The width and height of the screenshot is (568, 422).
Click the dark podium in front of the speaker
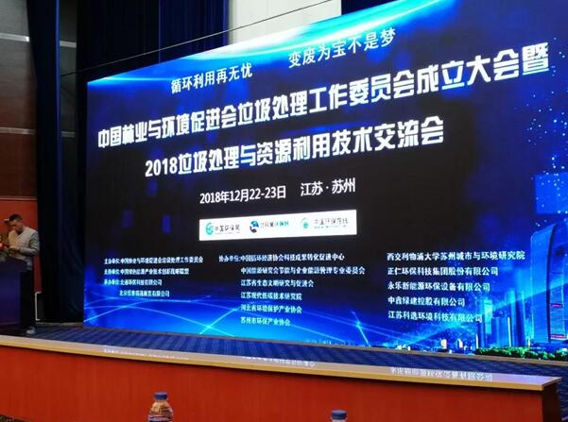[x=14, y=293]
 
